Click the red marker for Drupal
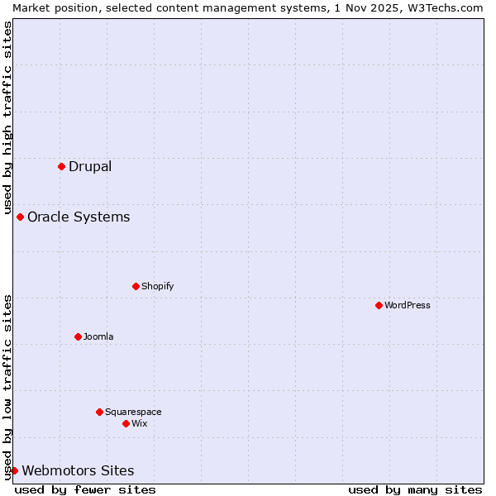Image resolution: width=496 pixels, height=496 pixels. (62, 166)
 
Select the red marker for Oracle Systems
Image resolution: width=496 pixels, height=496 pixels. (21, 217)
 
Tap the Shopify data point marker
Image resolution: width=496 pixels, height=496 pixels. (136, 286)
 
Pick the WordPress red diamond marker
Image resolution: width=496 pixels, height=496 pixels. (379, 305)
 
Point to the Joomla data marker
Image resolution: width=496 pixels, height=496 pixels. (79, 336)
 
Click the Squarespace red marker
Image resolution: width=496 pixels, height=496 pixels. (100, 412)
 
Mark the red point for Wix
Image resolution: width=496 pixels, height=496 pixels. (126, 423)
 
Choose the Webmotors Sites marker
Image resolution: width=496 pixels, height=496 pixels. (15, 470)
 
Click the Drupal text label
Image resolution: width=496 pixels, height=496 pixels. (90, 166)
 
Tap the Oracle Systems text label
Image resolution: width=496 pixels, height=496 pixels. (79, 217)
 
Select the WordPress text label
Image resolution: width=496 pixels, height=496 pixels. (408, 305)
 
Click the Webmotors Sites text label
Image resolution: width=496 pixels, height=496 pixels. (78, 470)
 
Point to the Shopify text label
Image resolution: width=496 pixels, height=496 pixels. (158, 286)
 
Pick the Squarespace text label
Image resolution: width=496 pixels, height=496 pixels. (133, 412)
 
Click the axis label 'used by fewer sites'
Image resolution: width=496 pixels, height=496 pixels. (85, 489)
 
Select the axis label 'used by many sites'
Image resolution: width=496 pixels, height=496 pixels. (415, 489)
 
